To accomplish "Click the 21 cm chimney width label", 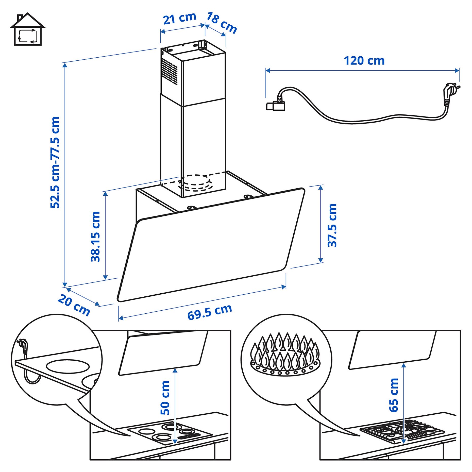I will point(179,19).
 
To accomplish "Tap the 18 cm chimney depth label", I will point(221,23).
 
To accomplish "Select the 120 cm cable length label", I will point(364,61).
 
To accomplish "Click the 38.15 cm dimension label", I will point(96,237).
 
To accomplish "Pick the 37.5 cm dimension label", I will point(332,225).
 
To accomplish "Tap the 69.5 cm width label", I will point(210,312).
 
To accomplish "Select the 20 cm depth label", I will point(74,305).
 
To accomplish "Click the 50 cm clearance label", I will point(165,398).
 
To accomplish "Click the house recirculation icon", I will point(27,30).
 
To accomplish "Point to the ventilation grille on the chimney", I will point(170,71).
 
